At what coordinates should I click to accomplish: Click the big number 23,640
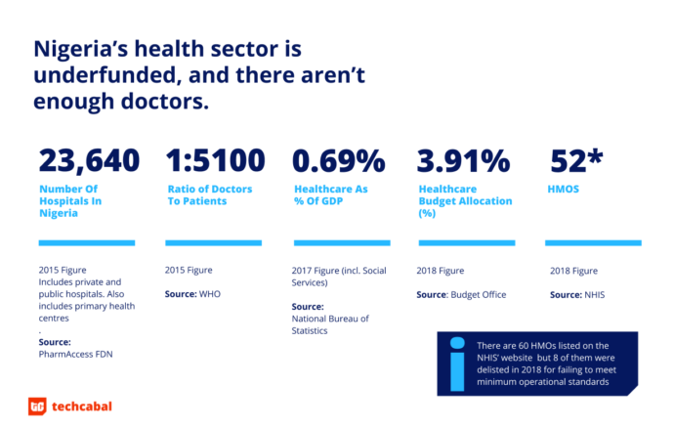(x=89, y=159)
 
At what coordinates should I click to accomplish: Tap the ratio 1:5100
(x=215, y=159)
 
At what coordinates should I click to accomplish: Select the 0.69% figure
(x=339, y=159)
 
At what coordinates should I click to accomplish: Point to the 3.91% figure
(x=463, y=159)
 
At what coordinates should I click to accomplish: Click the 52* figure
(x=574, y=159)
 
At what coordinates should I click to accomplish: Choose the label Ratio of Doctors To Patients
(x=197, y=194)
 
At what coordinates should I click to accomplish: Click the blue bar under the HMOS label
(x=595, y=241)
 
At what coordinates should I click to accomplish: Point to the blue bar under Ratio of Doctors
(x=213, y=241)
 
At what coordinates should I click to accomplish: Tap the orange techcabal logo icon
(x=38, y=405)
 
